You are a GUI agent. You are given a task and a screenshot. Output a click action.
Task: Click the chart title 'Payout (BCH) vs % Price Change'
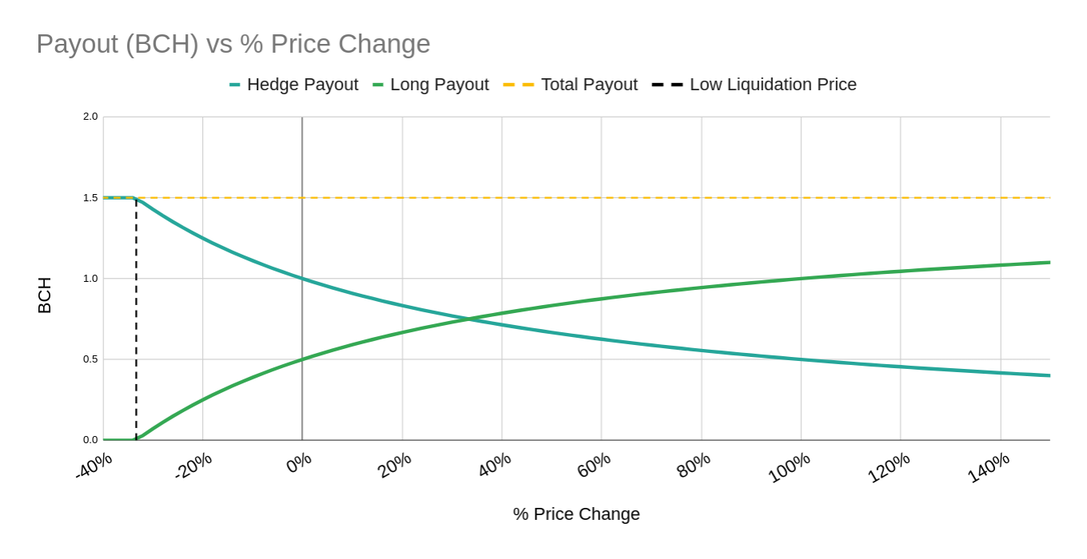(x=233, y=44)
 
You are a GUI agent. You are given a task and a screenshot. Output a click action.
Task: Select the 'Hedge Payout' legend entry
(x=293, y=85)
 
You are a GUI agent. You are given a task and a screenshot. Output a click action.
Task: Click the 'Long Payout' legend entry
(x=431, y=85)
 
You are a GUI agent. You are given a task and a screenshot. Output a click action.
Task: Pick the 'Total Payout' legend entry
(x=571, y=85)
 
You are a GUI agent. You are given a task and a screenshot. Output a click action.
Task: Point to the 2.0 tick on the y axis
(x=90, y=117)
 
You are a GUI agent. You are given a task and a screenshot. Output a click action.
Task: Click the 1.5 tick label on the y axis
(x=90, y=198)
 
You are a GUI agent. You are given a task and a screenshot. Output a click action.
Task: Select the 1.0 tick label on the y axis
(x=90, y=279)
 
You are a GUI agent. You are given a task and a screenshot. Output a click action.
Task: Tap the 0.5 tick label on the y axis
(x=90, y=359)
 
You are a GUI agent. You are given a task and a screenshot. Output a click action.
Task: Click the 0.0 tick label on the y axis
(x=90, y=440)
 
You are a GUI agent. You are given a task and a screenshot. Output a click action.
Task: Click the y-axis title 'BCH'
(x=45, y=295)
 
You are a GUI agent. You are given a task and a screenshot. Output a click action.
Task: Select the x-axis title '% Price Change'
(x=576, y=514)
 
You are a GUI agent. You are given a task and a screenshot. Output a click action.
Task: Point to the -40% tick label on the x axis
(x=94, y=466)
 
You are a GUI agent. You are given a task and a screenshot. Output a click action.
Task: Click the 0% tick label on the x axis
(x=299, y=463)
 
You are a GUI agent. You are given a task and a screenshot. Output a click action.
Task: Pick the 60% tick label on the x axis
(x=594, y=465)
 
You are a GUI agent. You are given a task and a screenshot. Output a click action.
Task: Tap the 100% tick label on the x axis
(x=789, y=467)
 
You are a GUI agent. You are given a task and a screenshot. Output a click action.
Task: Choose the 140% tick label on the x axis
(x=989, y=467)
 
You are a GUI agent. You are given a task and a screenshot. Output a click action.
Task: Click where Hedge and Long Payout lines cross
(x=468, y=319)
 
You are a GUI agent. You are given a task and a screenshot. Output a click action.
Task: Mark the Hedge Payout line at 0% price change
(x=302, y=279)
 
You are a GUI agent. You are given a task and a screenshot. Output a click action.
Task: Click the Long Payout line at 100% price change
(x=801, y=279)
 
